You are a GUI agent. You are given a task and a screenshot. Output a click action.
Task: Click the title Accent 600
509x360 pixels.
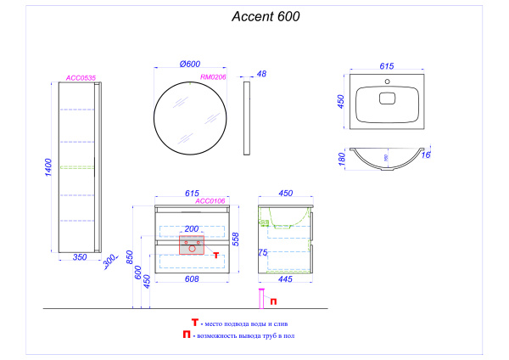pos(266,16)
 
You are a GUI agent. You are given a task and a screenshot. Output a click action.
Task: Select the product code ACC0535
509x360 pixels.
pos(81,78)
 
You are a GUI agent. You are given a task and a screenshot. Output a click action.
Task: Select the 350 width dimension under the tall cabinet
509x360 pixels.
pos(81,255)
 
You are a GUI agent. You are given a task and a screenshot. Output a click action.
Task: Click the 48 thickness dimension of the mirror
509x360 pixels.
pos(261,75)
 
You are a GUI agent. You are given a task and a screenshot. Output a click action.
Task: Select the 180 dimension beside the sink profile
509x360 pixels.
pos(341,158)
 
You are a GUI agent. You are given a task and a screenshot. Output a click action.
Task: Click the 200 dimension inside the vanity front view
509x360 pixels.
pos(191,229)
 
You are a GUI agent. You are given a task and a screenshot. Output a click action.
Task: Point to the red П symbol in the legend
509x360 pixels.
pos(186,335)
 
